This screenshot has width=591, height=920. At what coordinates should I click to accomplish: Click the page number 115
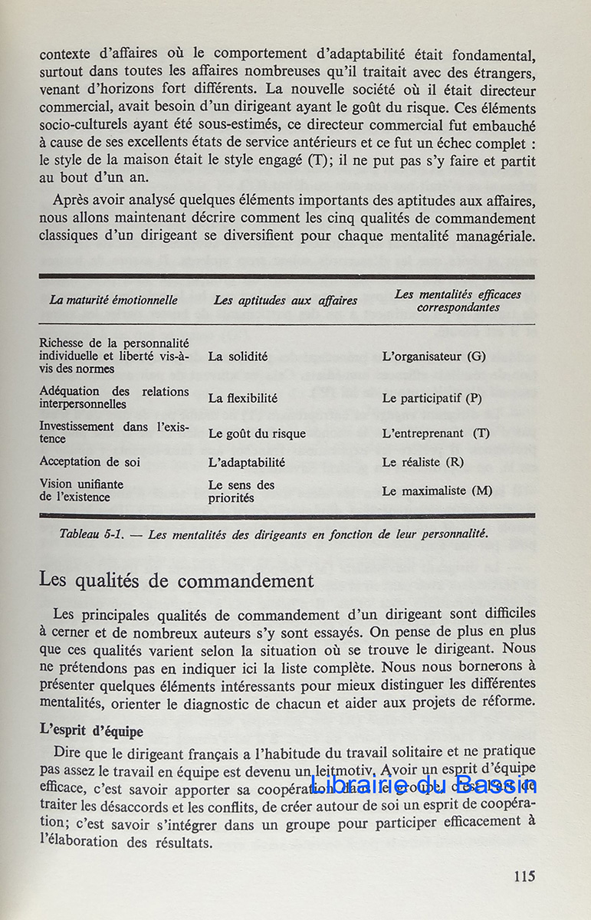524,876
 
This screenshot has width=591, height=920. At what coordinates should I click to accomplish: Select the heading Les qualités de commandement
176,580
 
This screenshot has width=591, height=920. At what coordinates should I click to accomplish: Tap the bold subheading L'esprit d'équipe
90,731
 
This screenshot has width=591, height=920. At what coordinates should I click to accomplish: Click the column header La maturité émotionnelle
113,301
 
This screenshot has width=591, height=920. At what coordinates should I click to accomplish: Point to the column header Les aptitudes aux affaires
285,301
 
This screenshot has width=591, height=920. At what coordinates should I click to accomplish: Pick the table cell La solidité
238,356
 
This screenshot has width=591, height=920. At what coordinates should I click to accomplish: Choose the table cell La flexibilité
242,398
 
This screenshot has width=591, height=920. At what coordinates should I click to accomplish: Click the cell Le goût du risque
257,433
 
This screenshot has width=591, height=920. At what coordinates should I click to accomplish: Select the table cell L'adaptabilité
246,462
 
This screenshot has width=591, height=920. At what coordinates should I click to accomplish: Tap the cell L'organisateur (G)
433,356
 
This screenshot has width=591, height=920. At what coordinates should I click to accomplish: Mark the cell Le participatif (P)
432,398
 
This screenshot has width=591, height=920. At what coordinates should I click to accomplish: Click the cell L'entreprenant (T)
435,433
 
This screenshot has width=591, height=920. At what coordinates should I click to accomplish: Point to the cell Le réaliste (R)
422,462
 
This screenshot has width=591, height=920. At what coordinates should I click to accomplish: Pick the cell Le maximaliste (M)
437,491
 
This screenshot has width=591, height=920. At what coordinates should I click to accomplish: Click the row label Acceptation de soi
90,462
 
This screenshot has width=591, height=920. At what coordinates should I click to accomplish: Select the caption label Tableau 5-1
91,534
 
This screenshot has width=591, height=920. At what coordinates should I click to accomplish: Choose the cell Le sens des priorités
241,491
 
